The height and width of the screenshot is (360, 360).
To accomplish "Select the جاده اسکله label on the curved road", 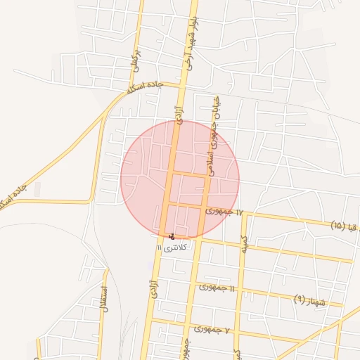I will [145, 88].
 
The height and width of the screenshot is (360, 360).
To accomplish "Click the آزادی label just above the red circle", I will [179, 110].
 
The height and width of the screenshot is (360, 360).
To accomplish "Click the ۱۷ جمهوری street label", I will [224, 212].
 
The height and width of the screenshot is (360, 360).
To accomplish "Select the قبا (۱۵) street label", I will [345, 226].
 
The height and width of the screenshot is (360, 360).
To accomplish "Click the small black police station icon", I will [173, 236].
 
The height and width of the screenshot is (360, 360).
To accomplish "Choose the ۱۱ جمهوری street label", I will [217, 288].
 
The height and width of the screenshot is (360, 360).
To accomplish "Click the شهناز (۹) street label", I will [310, 301].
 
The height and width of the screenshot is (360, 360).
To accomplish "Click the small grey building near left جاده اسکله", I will [37, 188].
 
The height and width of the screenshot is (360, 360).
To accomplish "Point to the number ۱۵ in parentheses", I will [337, 226].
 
